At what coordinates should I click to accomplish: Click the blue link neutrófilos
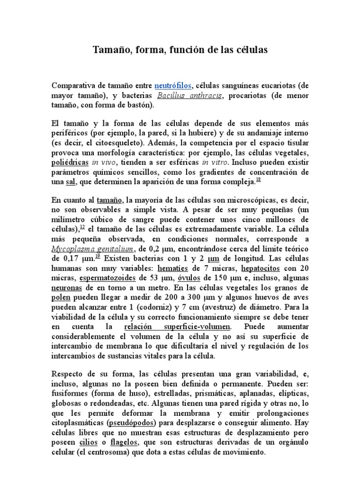(x=173, y=86)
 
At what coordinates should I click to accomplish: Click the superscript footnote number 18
(x=258, y=180)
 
